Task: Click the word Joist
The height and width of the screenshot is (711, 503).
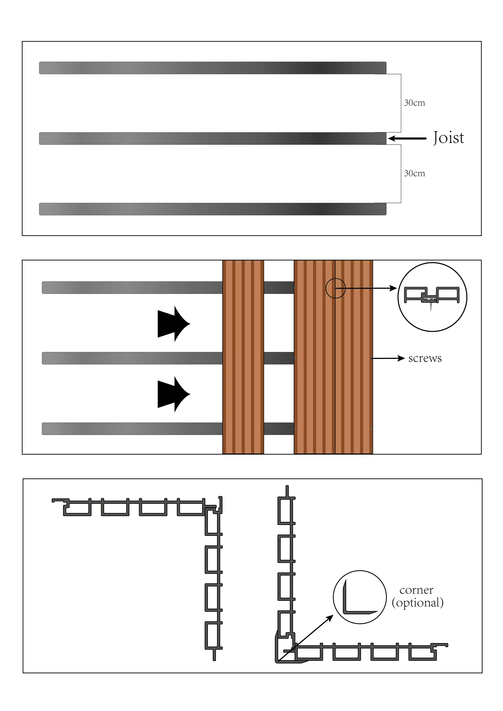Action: coord(448,138)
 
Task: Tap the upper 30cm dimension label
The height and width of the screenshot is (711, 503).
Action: coord(414,103)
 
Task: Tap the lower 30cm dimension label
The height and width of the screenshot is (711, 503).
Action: coord(414,173)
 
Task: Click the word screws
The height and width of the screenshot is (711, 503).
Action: coord(425,358)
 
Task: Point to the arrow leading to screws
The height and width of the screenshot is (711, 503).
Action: coord(388,358)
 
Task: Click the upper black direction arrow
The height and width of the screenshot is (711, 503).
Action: coord(174,324)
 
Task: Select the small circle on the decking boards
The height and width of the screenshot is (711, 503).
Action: coord(336,288)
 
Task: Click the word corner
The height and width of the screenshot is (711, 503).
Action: coord(416,590)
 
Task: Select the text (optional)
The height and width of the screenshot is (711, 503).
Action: coord(417,603)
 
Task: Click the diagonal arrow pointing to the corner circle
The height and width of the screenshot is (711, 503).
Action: coord(307,638)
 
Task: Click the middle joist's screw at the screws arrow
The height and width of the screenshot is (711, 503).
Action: coord(371,358)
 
